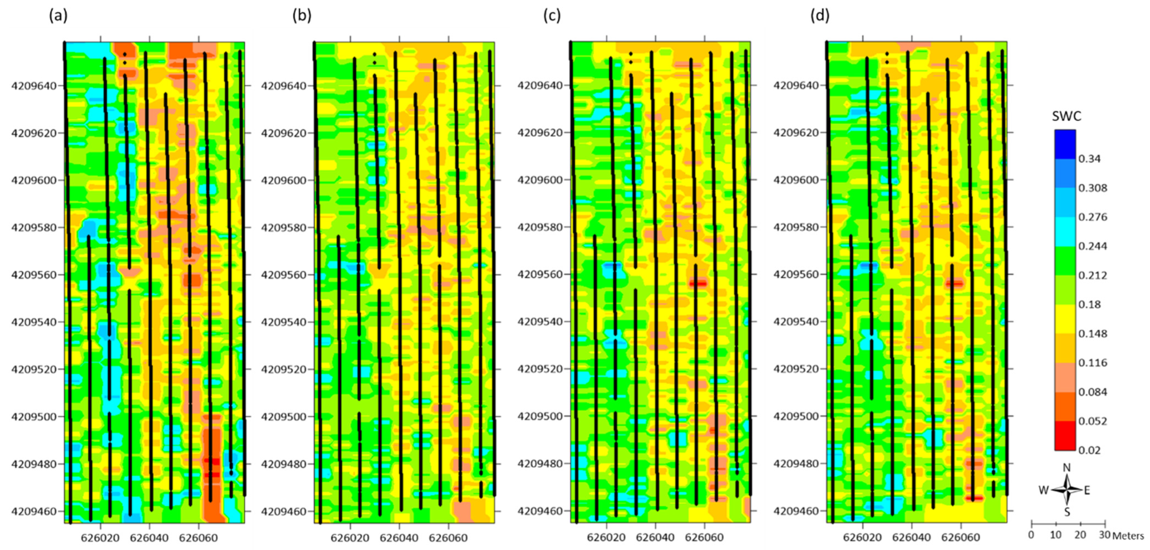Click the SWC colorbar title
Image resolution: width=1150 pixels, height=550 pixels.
[x=1067, y=116]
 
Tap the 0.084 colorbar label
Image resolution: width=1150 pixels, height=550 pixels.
[x=1092, y=392]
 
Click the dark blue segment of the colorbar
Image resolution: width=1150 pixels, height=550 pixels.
[x=1065, y=144]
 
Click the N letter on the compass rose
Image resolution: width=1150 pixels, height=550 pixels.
[x=1067, y=468]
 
